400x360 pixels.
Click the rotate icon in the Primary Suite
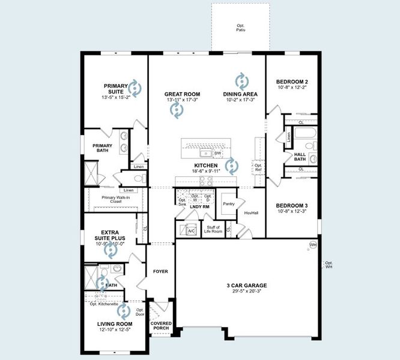coord(135,89)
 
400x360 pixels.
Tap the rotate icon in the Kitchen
coord(232,164)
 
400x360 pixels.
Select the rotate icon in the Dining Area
coord(241,80)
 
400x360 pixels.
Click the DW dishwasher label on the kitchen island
coord(218,154)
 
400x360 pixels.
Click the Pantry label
coord(229,204)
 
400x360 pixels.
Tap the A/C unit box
coord(191,230)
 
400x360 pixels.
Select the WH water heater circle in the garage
coord(313,245)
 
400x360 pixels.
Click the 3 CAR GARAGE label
coord(247,286)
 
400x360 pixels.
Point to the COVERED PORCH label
coord(162,326)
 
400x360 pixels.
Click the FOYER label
coord(160,271)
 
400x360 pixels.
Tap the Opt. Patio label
coord(240,28)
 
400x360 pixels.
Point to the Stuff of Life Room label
coord(213,229)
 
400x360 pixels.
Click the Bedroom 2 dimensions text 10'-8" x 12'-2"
coord(292,88)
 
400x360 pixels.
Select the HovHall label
coord(251,212)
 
